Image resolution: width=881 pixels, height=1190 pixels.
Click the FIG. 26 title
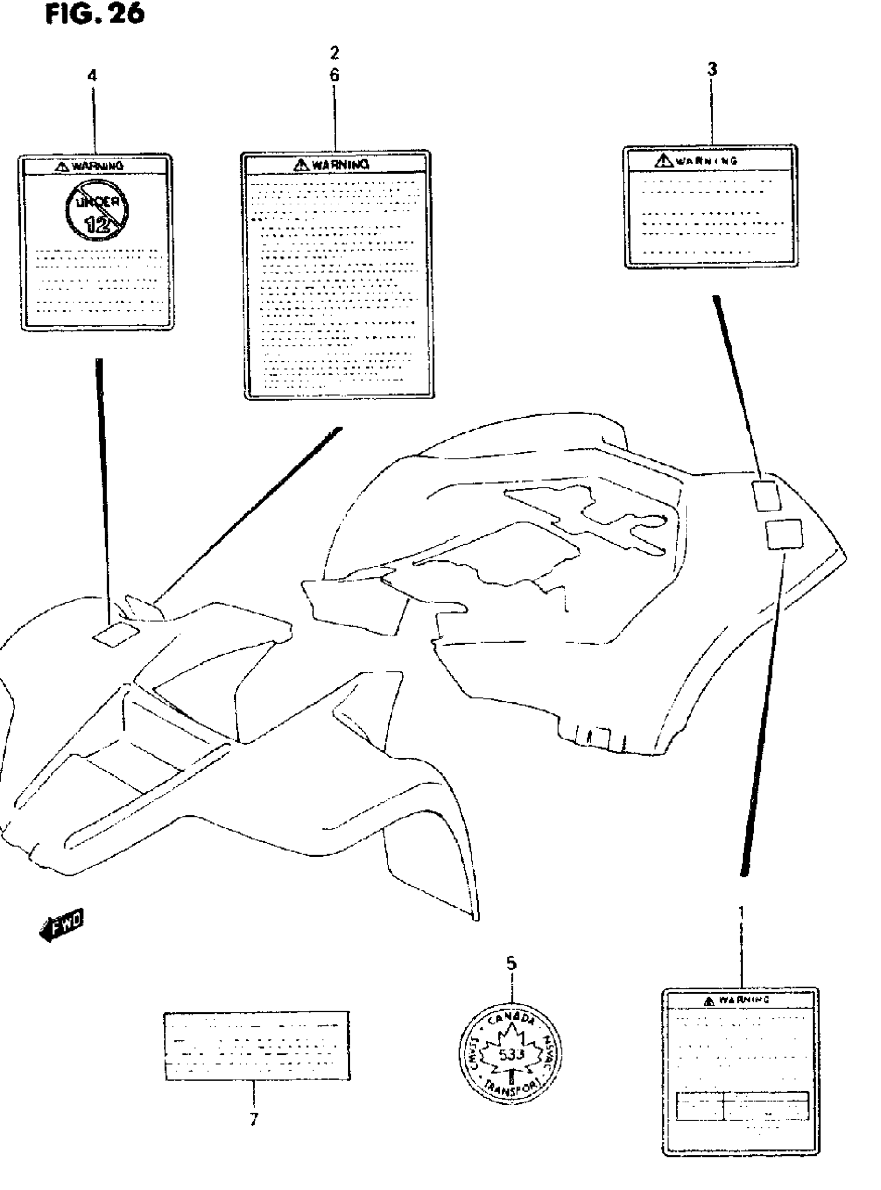tap(95, 15)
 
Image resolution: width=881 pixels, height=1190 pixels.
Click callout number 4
tap(92, 76)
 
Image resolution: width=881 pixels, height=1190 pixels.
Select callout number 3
tap(712, 69)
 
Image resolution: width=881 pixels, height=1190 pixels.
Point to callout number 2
tap(334, 53)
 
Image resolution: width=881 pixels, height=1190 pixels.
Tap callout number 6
tap(334, 75)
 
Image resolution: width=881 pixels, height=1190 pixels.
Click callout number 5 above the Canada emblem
tap(511, 963)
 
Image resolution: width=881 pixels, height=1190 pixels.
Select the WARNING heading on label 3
tap(699, 160)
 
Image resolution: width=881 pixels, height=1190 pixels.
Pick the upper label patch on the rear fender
tap(766, 495)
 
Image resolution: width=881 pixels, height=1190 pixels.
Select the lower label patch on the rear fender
tap(784, 534)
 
